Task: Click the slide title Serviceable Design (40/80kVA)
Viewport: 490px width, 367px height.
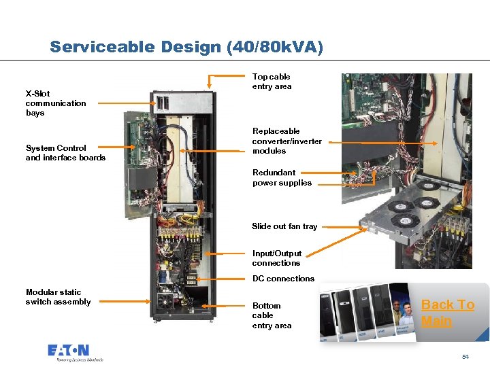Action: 186,47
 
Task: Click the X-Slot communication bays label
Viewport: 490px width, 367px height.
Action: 56,103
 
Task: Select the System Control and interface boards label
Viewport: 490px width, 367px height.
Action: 65,153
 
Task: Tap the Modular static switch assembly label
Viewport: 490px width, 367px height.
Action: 58,297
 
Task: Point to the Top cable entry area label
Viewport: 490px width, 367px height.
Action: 272,82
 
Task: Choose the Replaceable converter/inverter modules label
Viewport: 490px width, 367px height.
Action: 287,141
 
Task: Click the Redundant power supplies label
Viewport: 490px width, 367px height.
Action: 282,177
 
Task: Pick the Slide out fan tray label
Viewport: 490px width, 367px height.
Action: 284,226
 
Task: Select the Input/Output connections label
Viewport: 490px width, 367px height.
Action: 276,258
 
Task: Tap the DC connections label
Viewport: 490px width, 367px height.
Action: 283,279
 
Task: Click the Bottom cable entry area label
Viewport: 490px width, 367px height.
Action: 272,315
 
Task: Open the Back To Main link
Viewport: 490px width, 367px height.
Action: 447,313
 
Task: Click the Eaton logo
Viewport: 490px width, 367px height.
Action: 68,352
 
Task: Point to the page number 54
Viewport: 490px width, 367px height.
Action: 465,356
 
